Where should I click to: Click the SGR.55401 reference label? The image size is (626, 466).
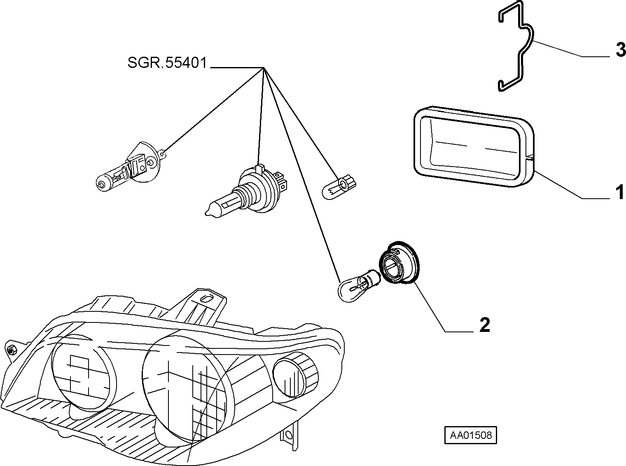167,63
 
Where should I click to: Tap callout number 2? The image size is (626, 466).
485,325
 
